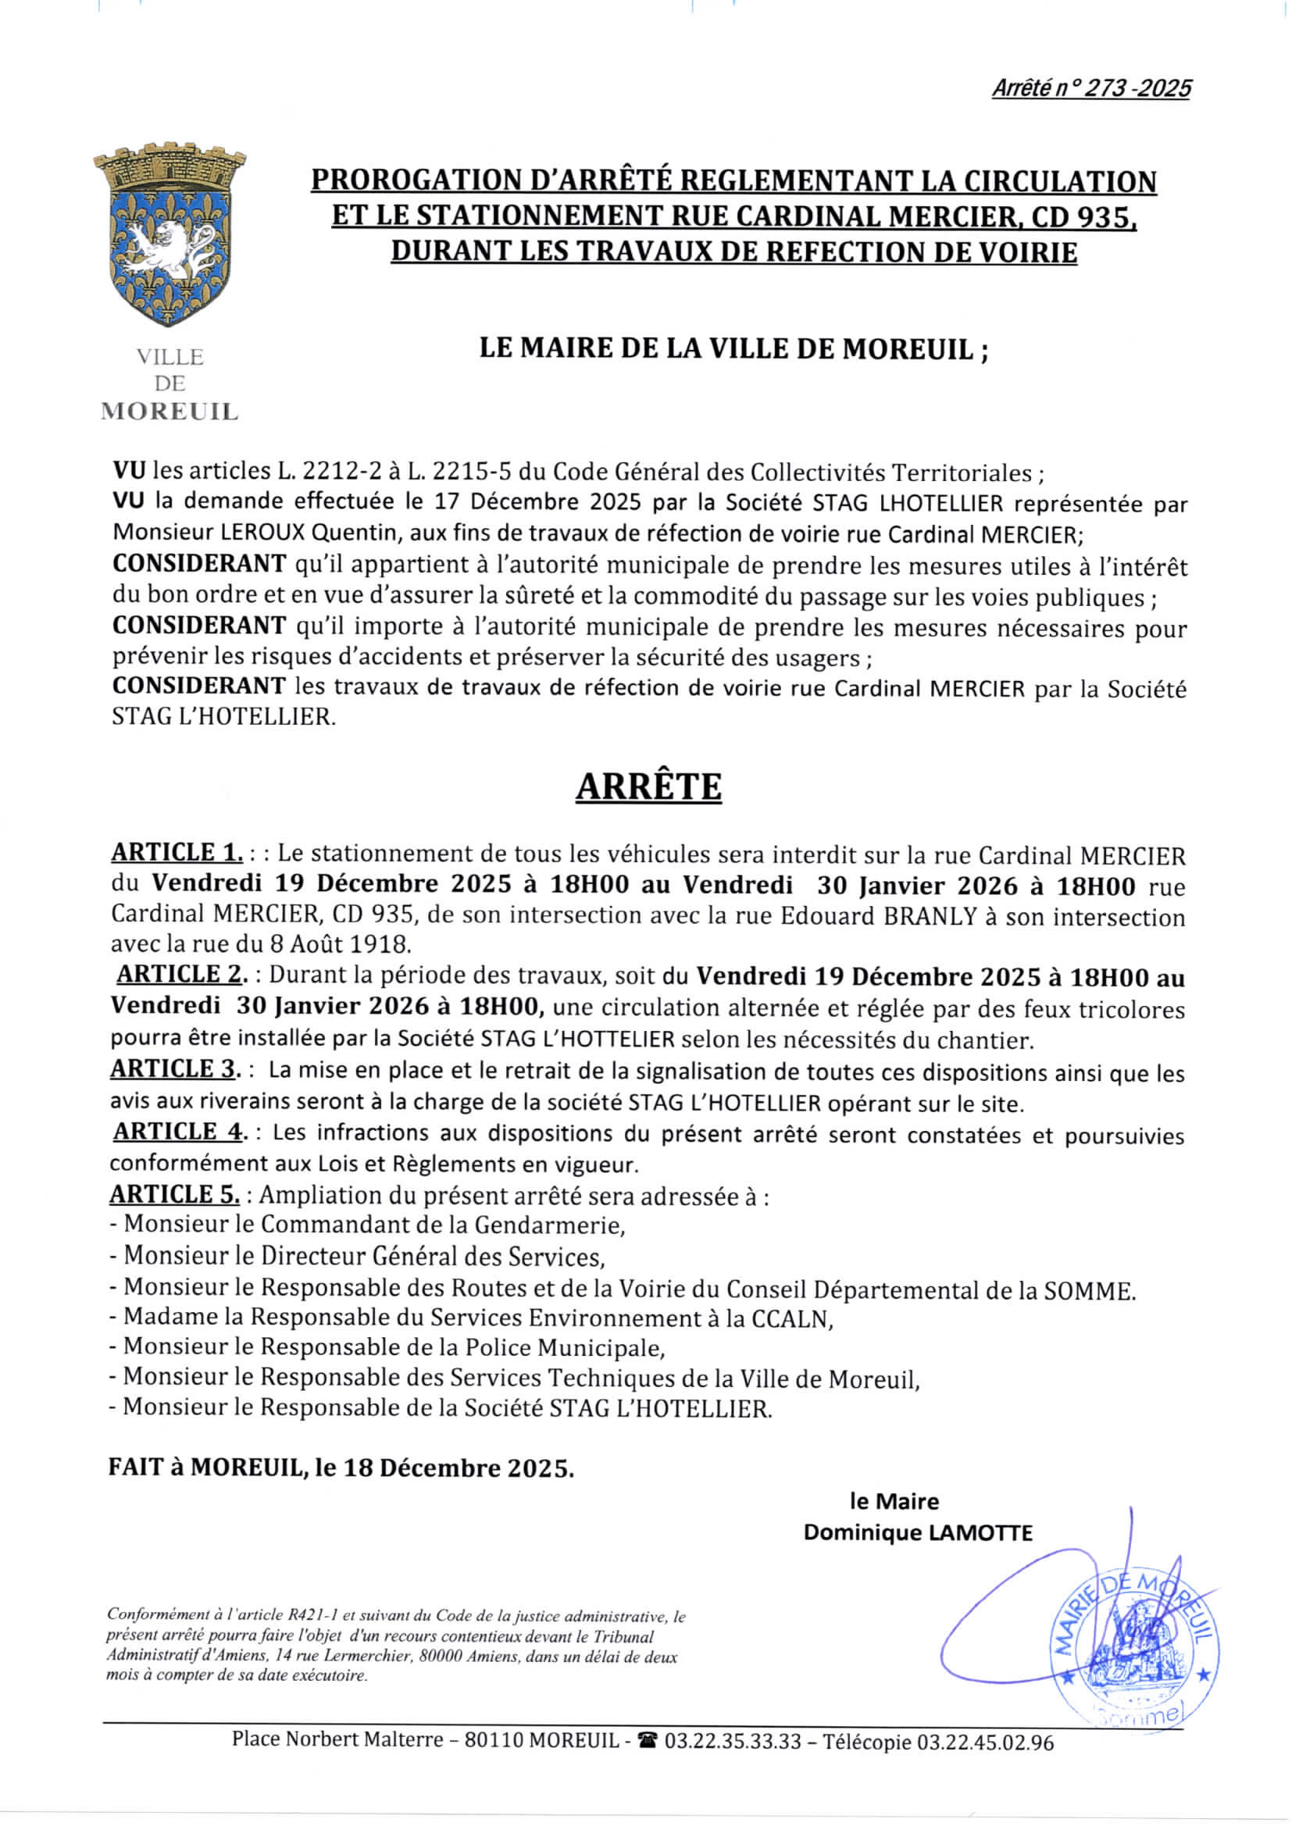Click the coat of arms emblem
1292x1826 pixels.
pos(170,234)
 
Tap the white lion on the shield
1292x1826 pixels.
pos(170,243)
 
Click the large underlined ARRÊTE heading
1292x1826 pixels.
pos(648,786)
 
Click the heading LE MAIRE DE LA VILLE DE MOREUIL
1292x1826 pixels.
pos(733,348)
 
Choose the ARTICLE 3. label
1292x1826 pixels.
pos(175,1069)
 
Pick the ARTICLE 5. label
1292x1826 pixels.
pos(175,1194)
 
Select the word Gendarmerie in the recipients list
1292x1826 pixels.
pos(544,1225)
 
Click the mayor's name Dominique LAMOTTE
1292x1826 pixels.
pos(917,1532)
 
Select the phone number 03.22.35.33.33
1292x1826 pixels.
pos(733,1742)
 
